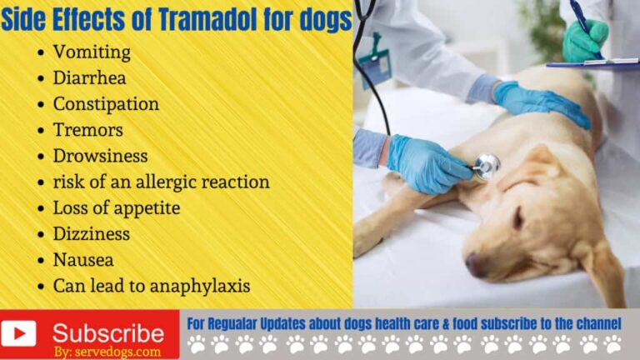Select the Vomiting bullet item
click(x=92, y=52)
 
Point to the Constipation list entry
click(x=106, y=104)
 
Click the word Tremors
click(x=87, y=130)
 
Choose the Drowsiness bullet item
click(x=100, y=156)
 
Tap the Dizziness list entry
click(x=92, y=233)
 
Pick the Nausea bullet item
click(x=83, y=259)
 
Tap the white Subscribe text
click(x=108, y=332)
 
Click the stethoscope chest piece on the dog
click(x=486, y=167)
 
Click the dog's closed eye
click(x=517, y=218)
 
